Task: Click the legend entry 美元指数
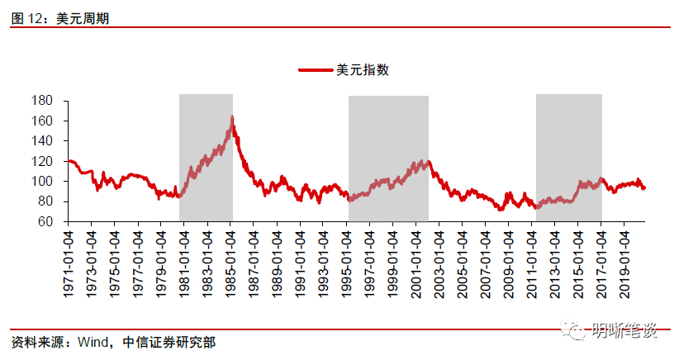(363, 70)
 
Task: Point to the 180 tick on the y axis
(43, 101)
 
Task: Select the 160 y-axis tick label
(43, 121)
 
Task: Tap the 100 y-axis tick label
(43, 182)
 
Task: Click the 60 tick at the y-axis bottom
(46, 222)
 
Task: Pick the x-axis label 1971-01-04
(70, 256)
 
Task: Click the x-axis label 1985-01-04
(232, 256)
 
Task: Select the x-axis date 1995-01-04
(349, 256)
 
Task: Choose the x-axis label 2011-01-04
(534, 256)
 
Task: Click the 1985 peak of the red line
(232, 117)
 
